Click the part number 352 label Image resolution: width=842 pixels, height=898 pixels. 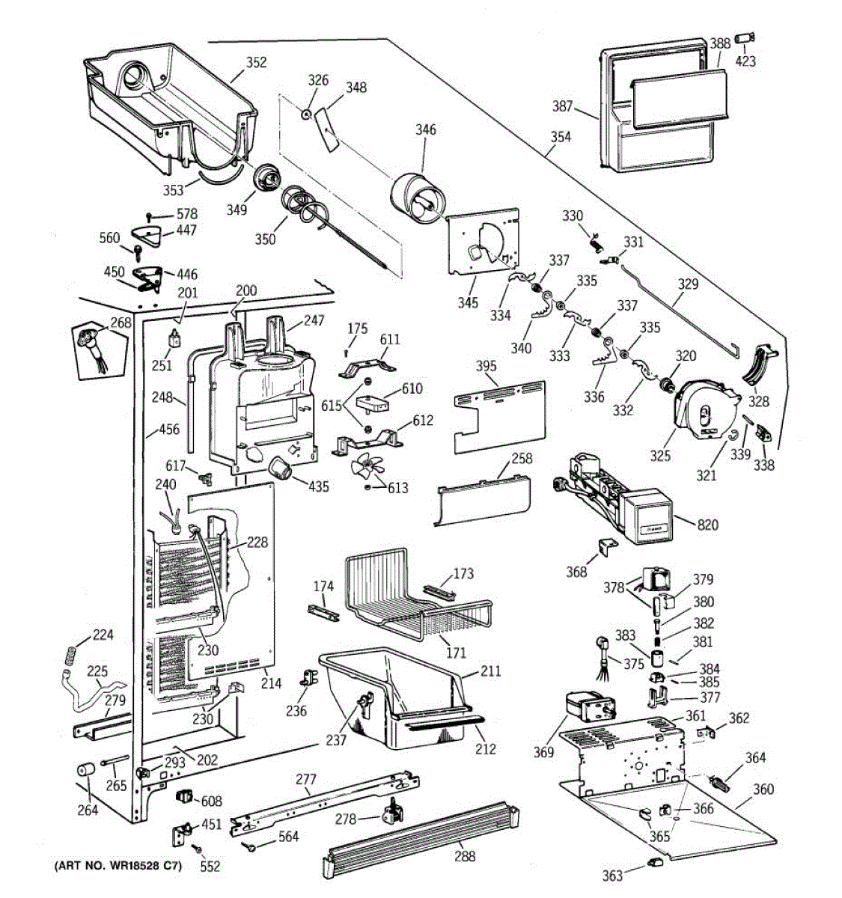pos(256,62)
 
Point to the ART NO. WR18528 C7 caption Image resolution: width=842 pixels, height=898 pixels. pos(118,866)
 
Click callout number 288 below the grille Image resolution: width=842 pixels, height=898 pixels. pos(465,856)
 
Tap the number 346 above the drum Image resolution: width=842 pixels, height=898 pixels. pos(425,129)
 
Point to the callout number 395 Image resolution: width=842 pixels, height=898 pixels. pos(486,366)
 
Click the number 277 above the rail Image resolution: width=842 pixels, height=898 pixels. pos(306,779)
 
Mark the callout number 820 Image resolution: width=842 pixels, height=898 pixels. pos(707,525)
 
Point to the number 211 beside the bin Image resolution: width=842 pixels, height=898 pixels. pos(490,671)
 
